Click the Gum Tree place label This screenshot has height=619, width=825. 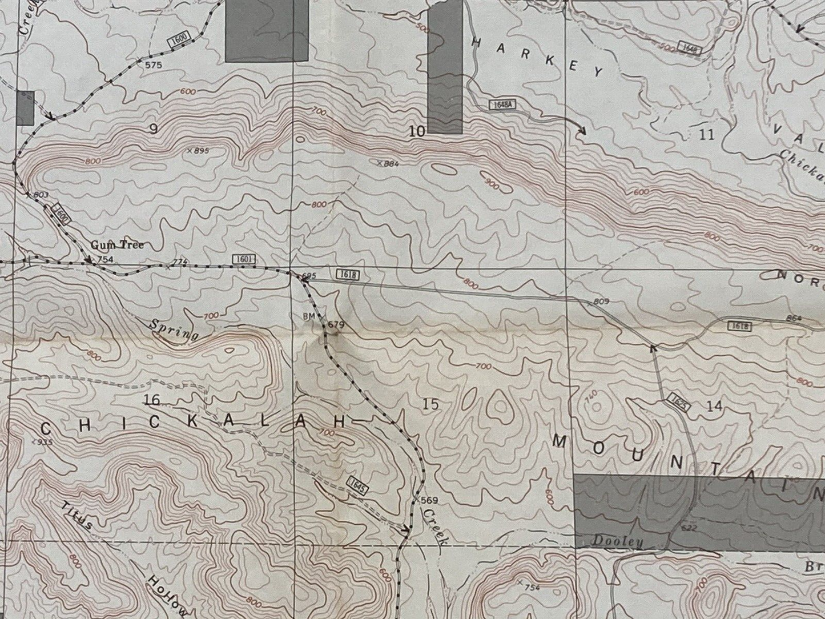pyautogui.click(x=117, y=245)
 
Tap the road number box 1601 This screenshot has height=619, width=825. pyautogui.click(x=243, y=259)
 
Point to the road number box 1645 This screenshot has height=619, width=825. pyautogui.click(x=354, y=485)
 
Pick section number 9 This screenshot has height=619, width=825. pyautogui.click(x=153, y=129)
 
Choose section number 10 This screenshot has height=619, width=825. pyautogui.click(x=417, y=132)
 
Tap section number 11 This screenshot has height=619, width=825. pyautogui.click(x=707, y=135)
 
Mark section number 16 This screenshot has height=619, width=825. pyautogui.click(x=152, y=398)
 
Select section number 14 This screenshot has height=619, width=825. pyautogui.click(x=714, y=406)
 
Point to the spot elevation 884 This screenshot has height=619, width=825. pyautogui.click(x=391, y=164)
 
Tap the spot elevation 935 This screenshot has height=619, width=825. pyautogui.click(x=43, y=442)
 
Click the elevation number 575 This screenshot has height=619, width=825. pyautogui.click(x=153, y=65)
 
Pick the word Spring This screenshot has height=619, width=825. pyautogui.click(x=174, y=329)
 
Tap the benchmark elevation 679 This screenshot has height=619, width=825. pyautogui.click(x=337, y=325)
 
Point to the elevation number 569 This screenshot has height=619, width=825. pyautogui.click(x=429, y=500)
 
